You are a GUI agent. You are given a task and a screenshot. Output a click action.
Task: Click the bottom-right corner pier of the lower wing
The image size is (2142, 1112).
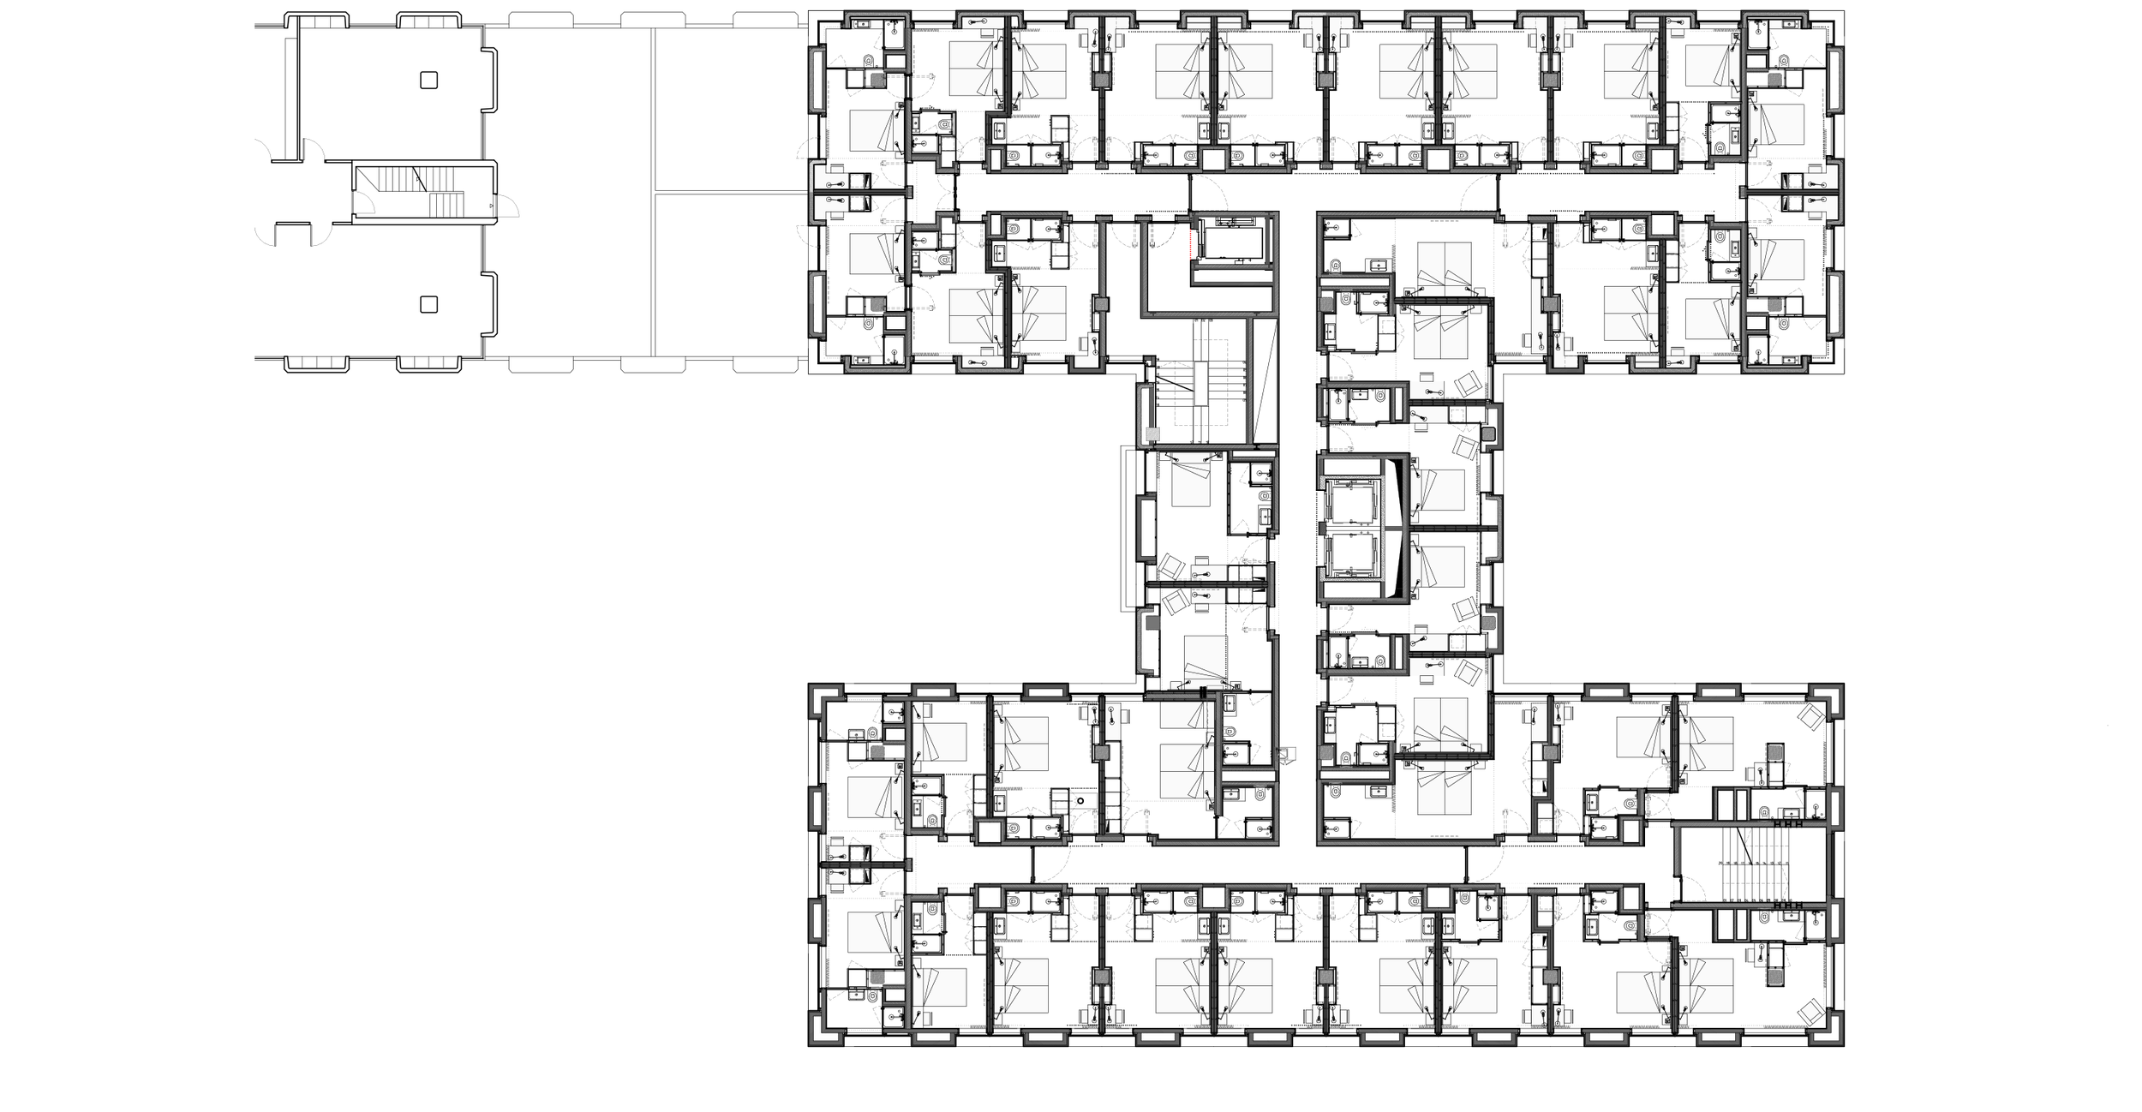click(x=1831, y=1034)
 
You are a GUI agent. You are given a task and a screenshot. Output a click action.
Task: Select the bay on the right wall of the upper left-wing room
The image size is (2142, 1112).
click(x=491, y=81)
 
